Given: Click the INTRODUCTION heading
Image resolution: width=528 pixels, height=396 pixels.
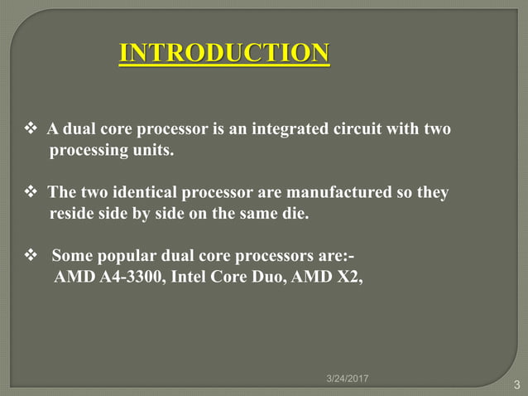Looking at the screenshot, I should point(224,54).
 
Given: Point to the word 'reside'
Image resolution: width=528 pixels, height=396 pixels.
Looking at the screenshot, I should point(72,215).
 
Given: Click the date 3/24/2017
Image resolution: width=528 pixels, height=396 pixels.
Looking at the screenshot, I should point(346,379).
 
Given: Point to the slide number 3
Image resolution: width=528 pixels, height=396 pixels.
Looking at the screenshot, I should point(517,384).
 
